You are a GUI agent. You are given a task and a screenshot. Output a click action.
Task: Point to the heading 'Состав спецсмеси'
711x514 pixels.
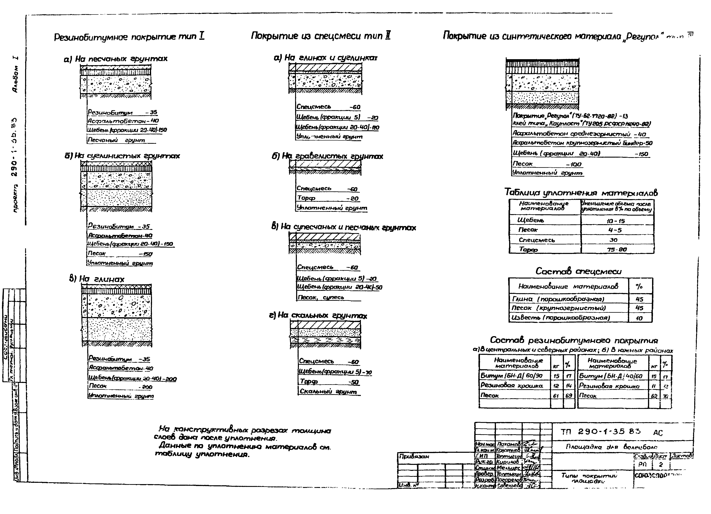tap(578, 271)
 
